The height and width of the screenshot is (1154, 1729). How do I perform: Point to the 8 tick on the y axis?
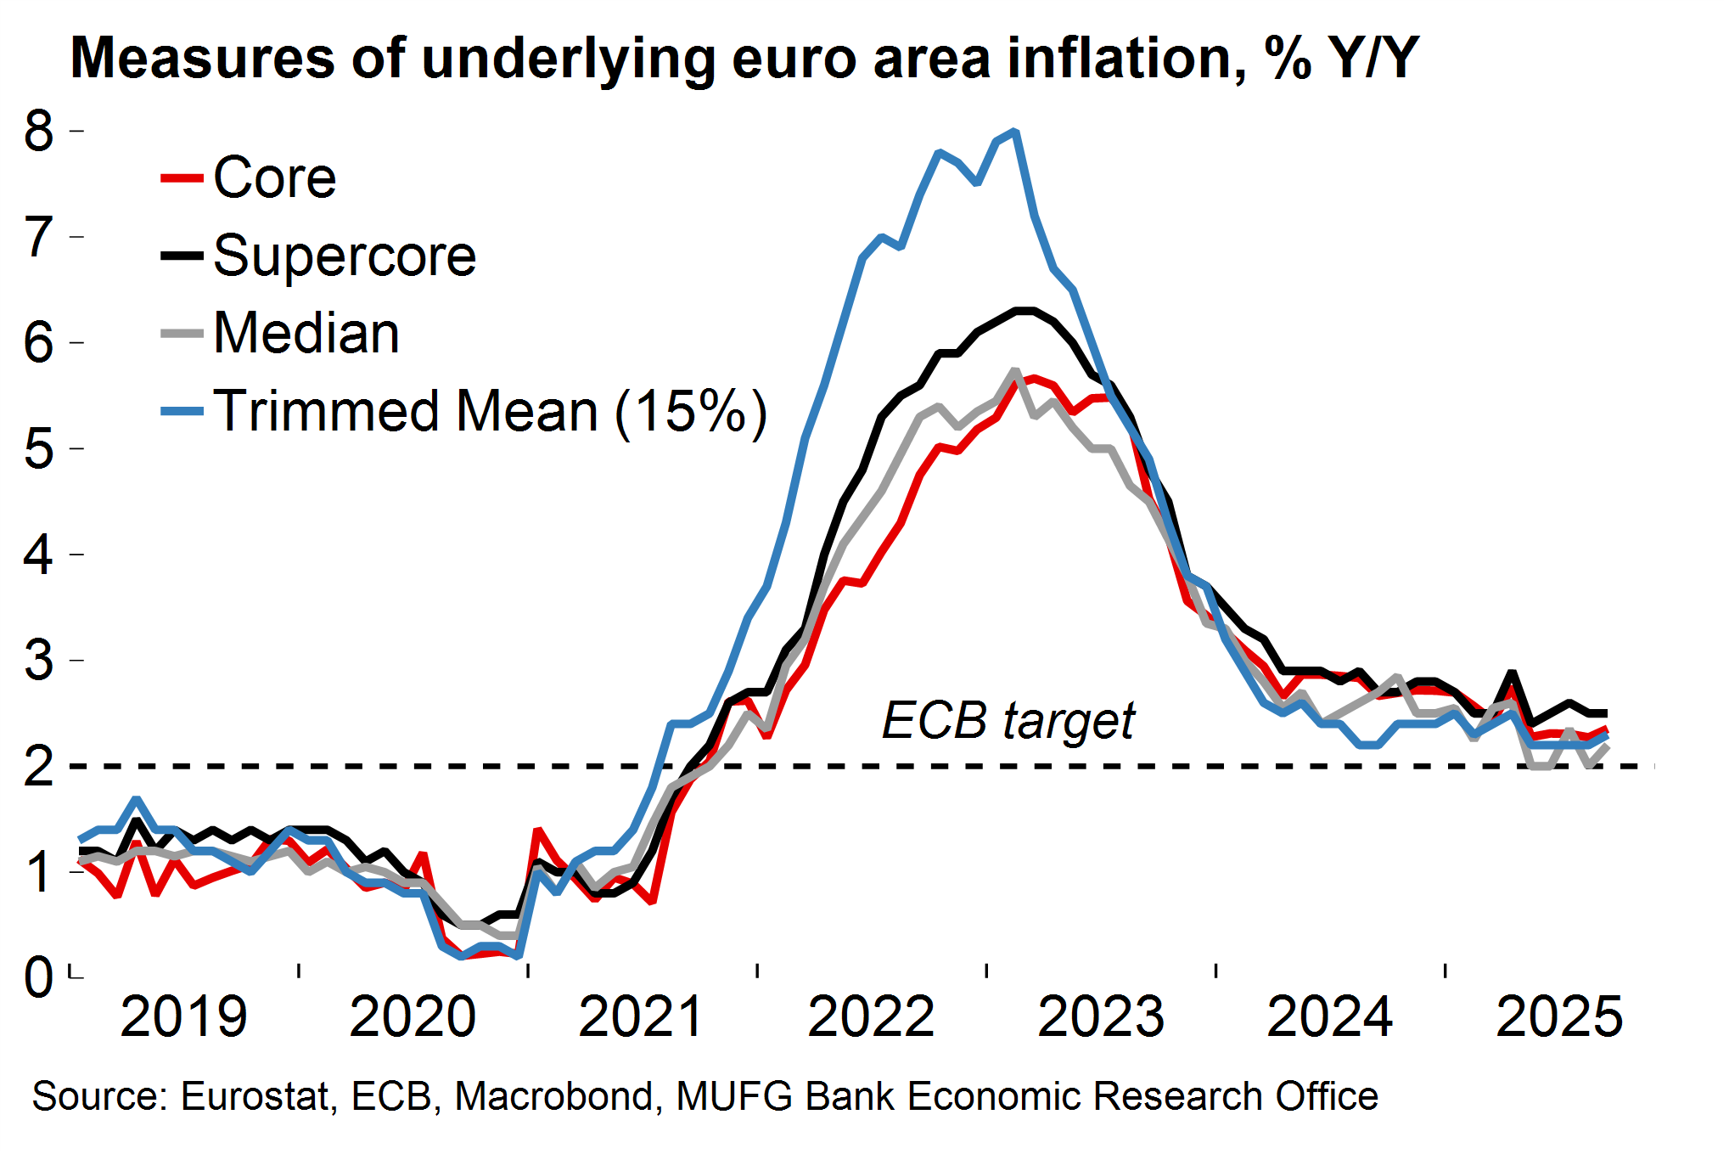point(39,132)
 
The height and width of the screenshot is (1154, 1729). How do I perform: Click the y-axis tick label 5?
point(39,448)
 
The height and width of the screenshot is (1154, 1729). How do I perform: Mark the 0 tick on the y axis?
point(39,977)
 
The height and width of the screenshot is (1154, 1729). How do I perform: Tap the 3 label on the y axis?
point(39,660)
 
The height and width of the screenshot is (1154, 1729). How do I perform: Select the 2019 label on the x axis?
point(183,1016)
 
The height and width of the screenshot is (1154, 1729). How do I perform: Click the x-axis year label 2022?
point(871,1016)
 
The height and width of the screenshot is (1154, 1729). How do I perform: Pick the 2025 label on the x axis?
point(1559,1016)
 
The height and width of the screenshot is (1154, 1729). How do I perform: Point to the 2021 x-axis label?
point(642,1016)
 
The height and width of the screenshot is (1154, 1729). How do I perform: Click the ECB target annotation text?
point(1008,721)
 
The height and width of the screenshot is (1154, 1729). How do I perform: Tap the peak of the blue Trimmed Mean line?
point(1015,132)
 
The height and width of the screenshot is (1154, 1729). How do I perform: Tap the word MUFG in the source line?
point(735,1096)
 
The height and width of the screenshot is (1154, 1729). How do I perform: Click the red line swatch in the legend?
point(182,178)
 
